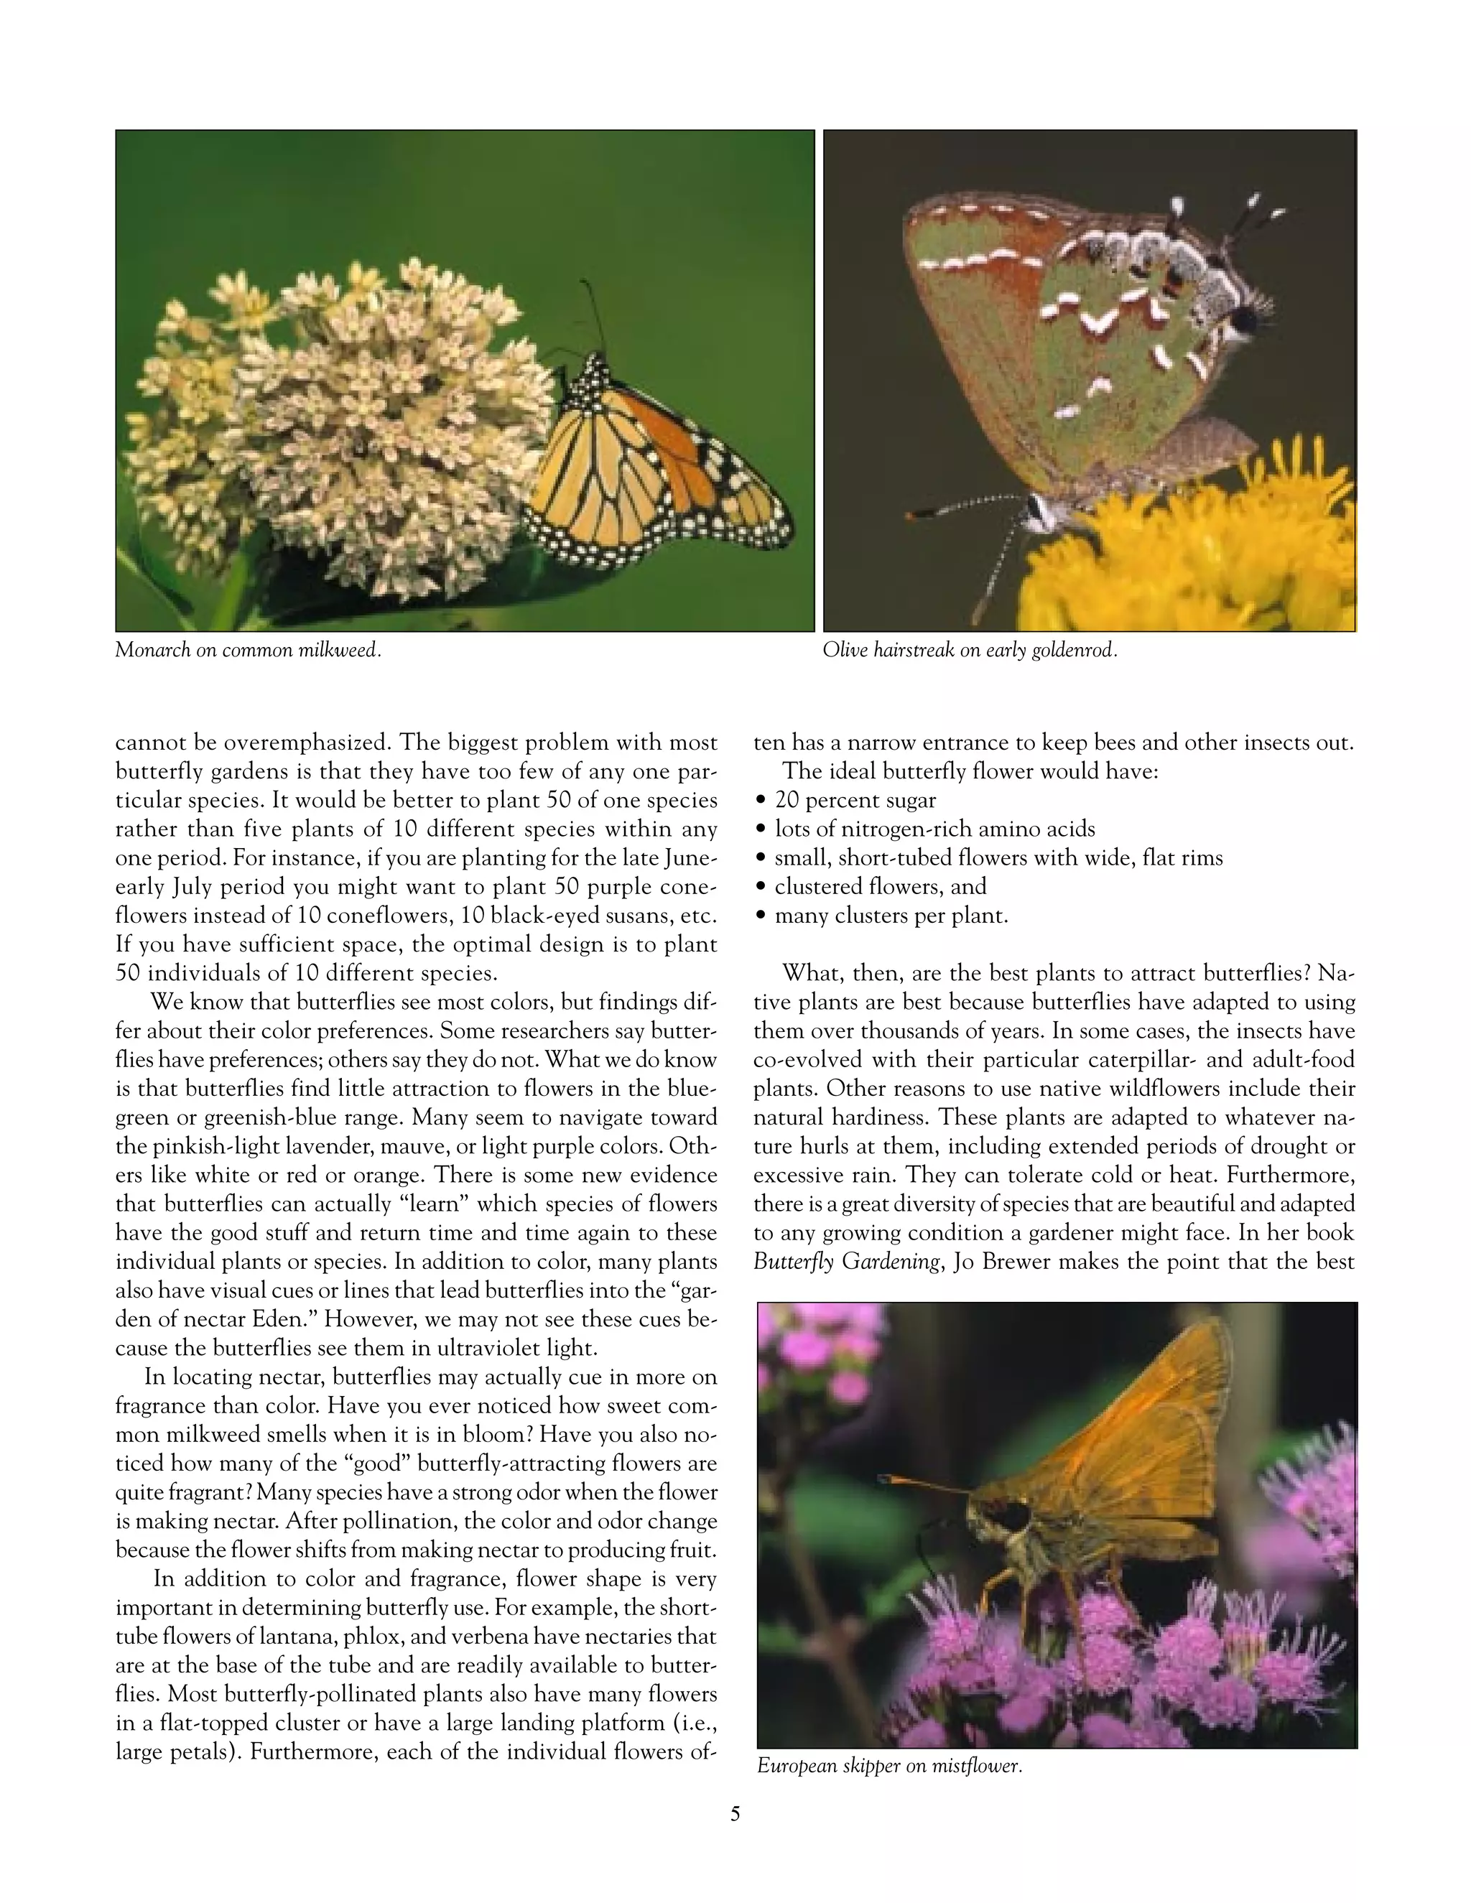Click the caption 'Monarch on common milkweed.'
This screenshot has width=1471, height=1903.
(249, 650)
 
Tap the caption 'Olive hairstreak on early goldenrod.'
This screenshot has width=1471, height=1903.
(969, 650)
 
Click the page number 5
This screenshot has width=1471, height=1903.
(735, 1814)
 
